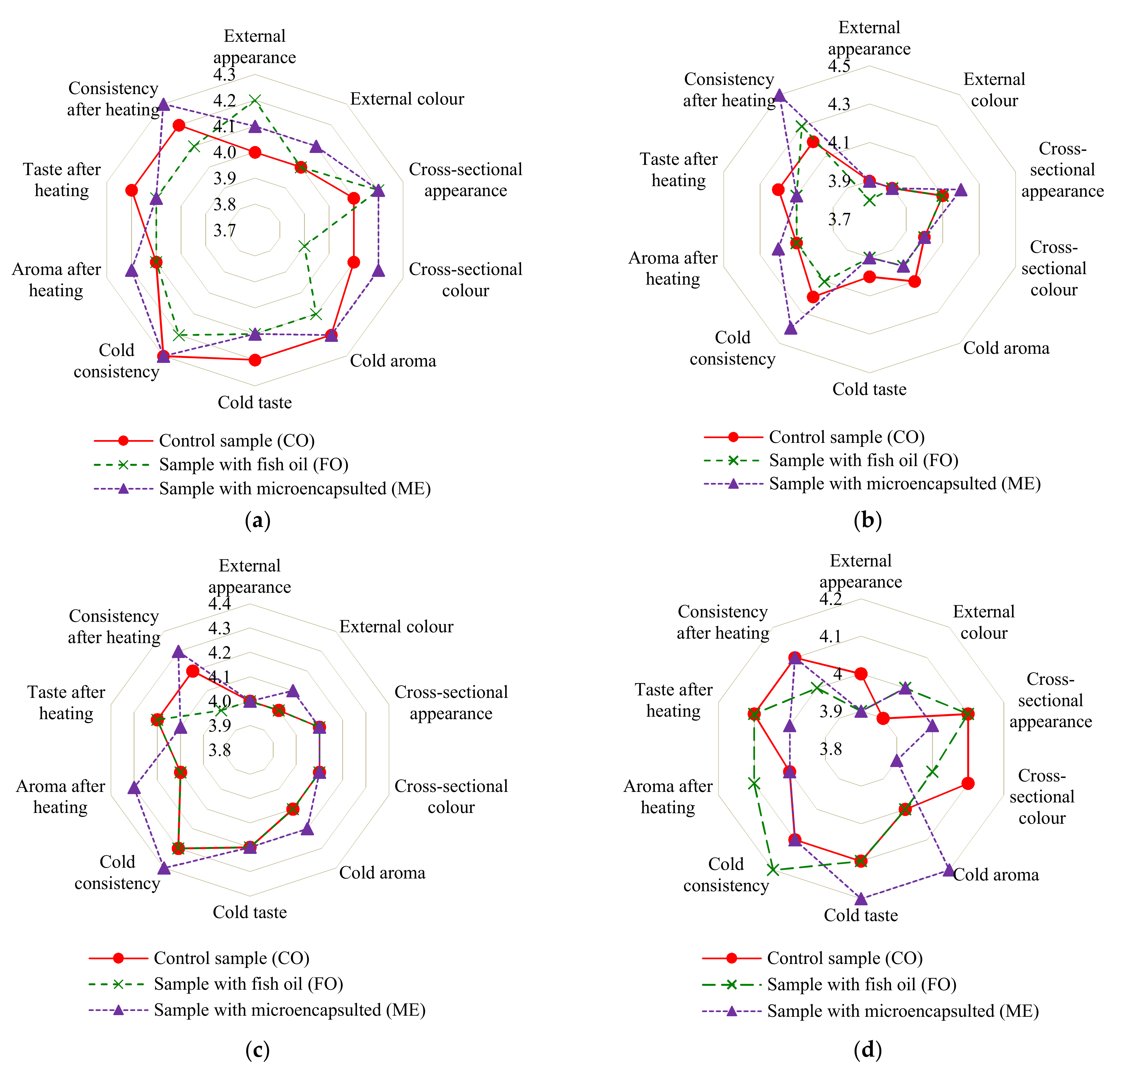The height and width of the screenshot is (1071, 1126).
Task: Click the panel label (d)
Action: click(867, 1049)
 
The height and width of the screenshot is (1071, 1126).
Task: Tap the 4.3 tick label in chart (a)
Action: click(224, 75)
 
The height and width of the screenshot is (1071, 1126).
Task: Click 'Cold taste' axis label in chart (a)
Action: click(255, 402)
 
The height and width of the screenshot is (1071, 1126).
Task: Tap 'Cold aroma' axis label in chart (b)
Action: click(1006, 348)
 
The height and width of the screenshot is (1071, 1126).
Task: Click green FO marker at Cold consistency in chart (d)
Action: click(773, 869)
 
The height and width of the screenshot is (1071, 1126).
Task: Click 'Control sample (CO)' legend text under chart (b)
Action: click(846, 437)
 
